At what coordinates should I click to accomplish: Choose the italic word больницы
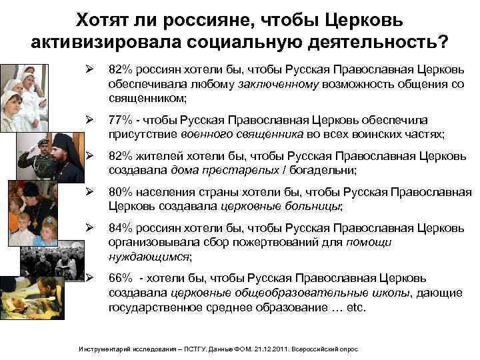[311, 207]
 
